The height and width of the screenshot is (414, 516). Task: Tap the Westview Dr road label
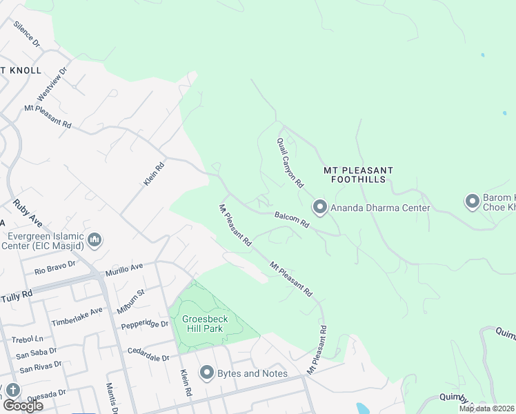[53, 81]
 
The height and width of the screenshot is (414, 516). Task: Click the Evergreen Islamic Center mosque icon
[95, 240]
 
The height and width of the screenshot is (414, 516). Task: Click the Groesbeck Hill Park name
[206, 325]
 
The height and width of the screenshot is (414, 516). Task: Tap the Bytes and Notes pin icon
[206, 373]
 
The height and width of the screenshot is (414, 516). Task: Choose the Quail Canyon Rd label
[290, 163]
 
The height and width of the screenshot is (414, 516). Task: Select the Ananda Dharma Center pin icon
[319, 207]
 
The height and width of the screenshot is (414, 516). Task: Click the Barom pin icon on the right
[473, 201]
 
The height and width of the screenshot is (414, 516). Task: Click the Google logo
[23, 405]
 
